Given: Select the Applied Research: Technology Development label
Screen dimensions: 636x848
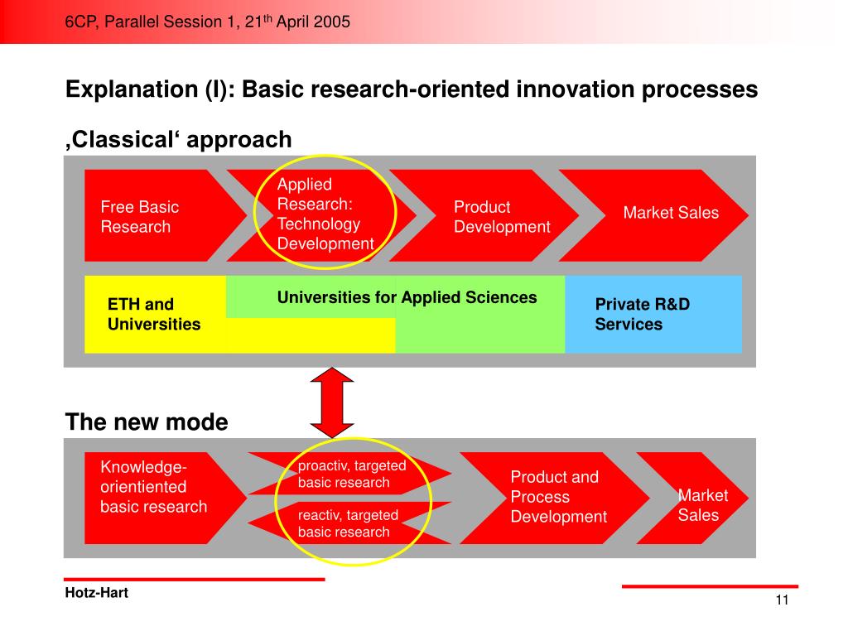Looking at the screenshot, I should pos(325,214).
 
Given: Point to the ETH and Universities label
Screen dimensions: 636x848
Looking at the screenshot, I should pos(154,315).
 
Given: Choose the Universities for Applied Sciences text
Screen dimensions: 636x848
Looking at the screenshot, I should pos(407,297).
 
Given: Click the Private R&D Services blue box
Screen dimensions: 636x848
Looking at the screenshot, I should pos(653,314).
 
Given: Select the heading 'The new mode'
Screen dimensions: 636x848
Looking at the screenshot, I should pos(147,422).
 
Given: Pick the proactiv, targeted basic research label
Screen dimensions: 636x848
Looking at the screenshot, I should pos(352,474).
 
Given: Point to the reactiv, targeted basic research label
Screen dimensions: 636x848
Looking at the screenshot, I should pos(348,523).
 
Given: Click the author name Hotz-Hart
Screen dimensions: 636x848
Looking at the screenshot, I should pos(96,593).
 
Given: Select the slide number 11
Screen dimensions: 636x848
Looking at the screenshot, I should pos(782,601).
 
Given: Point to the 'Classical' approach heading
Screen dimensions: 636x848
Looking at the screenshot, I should pos(179,139).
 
